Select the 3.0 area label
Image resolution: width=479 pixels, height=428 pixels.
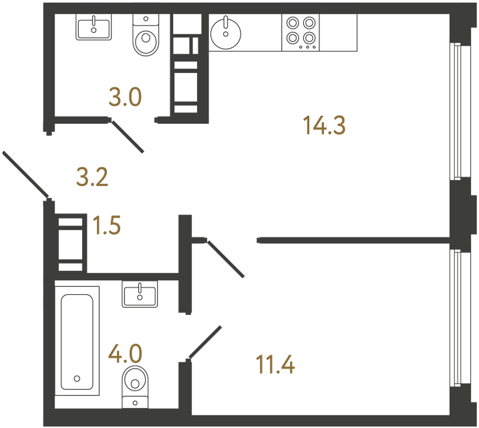tap(125, 98)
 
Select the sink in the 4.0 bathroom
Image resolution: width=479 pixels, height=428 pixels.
tap(140, 294)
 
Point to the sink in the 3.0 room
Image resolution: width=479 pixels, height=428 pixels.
tap(94, 27)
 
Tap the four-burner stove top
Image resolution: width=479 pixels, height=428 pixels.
tap(301, 31)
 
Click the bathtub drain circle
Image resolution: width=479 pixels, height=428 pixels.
tap(77, 379)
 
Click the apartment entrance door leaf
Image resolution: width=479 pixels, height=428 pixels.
tap(25, 175)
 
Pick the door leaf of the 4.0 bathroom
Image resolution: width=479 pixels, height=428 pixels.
tap(204, 342)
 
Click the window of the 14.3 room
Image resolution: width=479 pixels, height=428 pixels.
tap(456, 111)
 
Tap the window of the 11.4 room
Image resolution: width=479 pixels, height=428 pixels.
tap(456, 318)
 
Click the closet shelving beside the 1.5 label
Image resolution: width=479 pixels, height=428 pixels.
tap(71, 241)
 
